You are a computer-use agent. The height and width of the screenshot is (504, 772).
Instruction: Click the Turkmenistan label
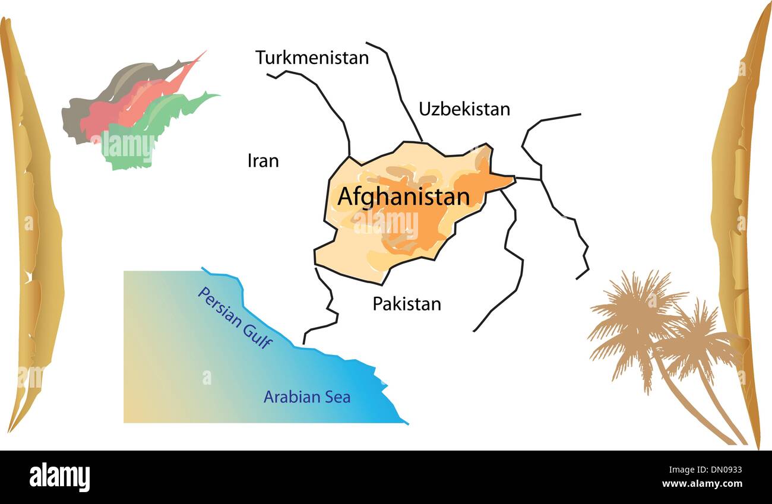pyautogui.click(x=312, y=58)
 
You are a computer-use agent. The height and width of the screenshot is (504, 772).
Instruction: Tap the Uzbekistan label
pyautogui.click(x=464, y=109)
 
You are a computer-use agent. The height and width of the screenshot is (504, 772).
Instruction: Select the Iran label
pyautogui.click(x=262, y=161)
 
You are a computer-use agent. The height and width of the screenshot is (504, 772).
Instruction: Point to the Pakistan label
pyautogui.click(x=407, y=304)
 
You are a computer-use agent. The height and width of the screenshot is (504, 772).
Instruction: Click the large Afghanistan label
pyautogui.click(x=403, y=197)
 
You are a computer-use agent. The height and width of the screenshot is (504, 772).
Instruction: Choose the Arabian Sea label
pyautogui.click(x=306, y=397)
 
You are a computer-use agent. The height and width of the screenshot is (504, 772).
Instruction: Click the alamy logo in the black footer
pyautogui.click(x=59, y=477)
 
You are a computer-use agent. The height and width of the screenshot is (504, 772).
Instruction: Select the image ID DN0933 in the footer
pyautogui.click(x=718, y=470)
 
